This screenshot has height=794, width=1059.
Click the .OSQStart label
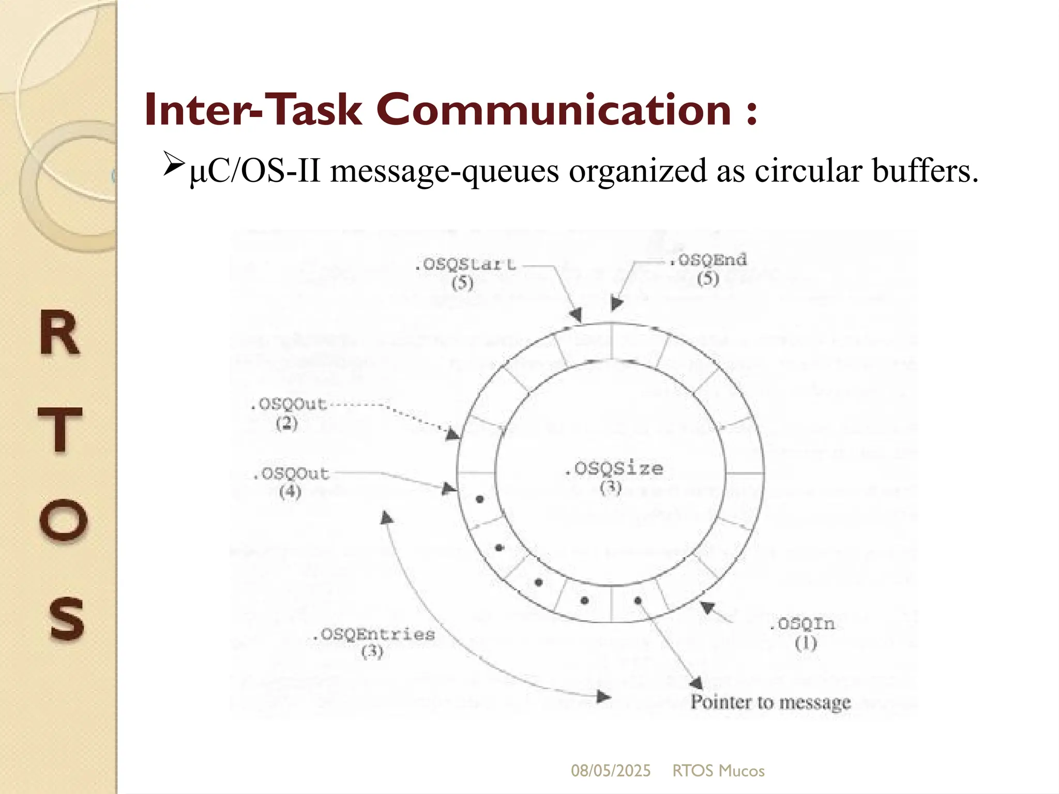(465, 265)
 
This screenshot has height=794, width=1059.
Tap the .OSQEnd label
(708, 260)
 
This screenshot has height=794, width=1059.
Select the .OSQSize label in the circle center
(613, 469)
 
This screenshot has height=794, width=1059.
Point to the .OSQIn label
(801, 624)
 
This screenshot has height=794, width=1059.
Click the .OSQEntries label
(373, 634)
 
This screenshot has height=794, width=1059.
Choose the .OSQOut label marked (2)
(289, 404)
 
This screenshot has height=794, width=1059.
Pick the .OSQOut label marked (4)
(291, 474)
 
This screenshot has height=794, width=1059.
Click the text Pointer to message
(770, 702)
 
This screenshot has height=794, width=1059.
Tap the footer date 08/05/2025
(611, 771)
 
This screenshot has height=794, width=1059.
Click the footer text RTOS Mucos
(718, 771)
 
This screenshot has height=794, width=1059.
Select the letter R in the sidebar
(60, 334)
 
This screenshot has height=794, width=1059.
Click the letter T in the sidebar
(60, 429)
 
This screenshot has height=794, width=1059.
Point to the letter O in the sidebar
(63, 520)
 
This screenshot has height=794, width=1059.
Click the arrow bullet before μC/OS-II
(174, 164)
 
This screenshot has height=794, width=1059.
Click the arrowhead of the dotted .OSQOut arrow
(453, 434)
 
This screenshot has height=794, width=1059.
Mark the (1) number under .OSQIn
(806, 644)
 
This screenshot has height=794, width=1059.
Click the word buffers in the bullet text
(925, 171)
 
